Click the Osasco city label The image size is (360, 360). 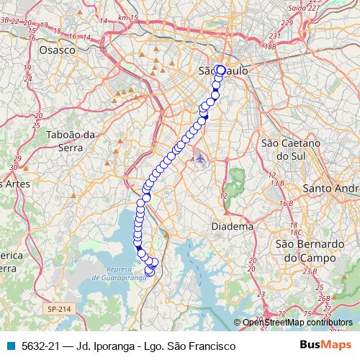(x=58, y=50)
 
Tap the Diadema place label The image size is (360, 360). (x=233, y=226)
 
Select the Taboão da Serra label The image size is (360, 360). (x=71, y=140)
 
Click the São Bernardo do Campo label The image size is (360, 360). (x=306, y=250)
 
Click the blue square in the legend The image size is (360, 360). (x=12, y=346)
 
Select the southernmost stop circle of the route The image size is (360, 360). (x=150, y=271)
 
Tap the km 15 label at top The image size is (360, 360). (x=128, y=17)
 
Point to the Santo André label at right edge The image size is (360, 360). (x=333, y=188)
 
